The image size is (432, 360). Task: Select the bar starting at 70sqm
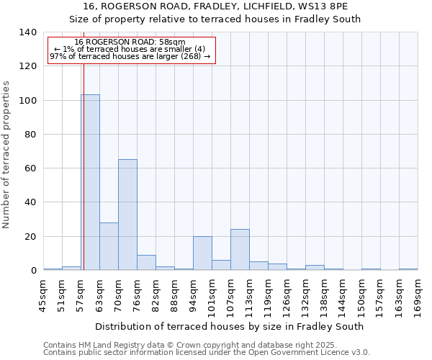click(x=127, y=215)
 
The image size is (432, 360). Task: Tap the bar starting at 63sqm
click(x=109, y=246)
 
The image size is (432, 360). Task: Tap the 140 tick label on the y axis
click(x=28, y=32)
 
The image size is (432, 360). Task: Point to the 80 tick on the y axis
click(x=31, y=135)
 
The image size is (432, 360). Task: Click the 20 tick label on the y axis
click(x=31, y=237)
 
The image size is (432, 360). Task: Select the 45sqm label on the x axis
click(x=43, y=295)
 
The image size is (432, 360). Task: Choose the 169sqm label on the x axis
click(x=418, y=295)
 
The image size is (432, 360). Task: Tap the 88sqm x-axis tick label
click(x=174, y=295)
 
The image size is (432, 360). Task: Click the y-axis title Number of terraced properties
click(x=6, y=154)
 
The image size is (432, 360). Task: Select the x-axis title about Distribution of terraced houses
click(x=229, y=326)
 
